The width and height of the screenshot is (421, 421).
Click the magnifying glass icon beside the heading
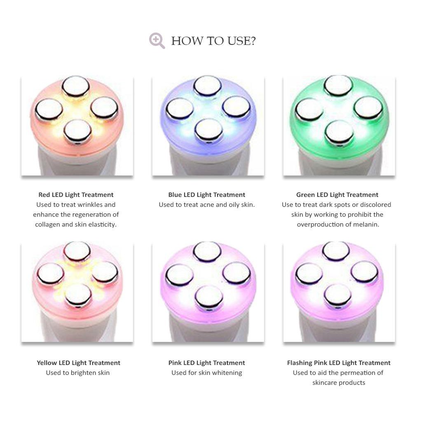coord(157,41)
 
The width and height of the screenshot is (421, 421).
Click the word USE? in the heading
coord(242,41)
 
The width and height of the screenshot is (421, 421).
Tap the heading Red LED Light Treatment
coord(76,195)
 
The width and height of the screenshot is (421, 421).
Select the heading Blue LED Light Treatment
coord(207,195)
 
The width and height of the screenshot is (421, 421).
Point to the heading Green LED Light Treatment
coord(337,195)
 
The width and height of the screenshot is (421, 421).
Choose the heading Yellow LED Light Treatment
coord(78,363)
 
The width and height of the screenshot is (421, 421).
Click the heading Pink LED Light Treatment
coord(207,363)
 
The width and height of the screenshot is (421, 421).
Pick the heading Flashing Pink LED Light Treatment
coord(339,363)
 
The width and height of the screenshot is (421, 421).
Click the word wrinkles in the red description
coord(88,205)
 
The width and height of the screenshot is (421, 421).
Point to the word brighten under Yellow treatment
coord(82,373)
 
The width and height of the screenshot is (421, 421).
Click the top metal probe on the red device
coord(76,87)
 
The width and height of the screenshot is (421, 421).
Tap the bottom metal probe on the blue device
coord(208,130)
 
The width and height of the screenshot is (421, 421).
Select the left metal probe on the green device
coord(309,109)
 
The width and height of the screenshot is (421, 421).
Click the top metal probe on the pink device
coord(207,252)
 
